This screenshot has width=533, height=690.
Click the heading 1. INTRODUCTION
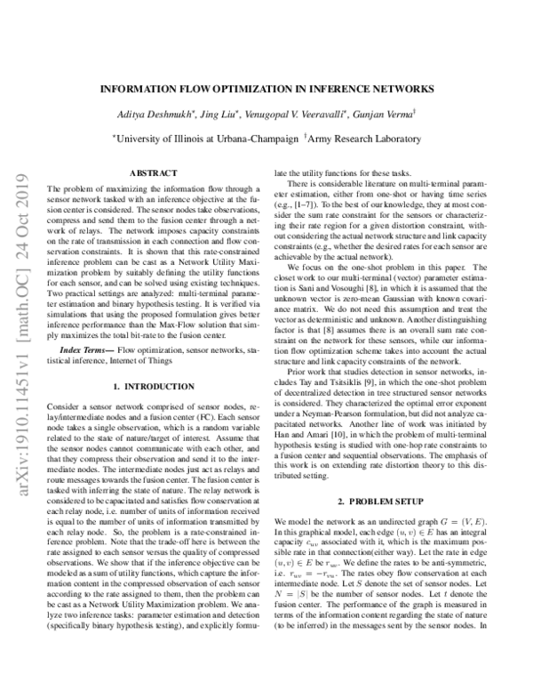point(148,412)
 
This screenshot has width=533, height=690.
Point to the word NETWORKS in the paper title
point(398,90)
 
